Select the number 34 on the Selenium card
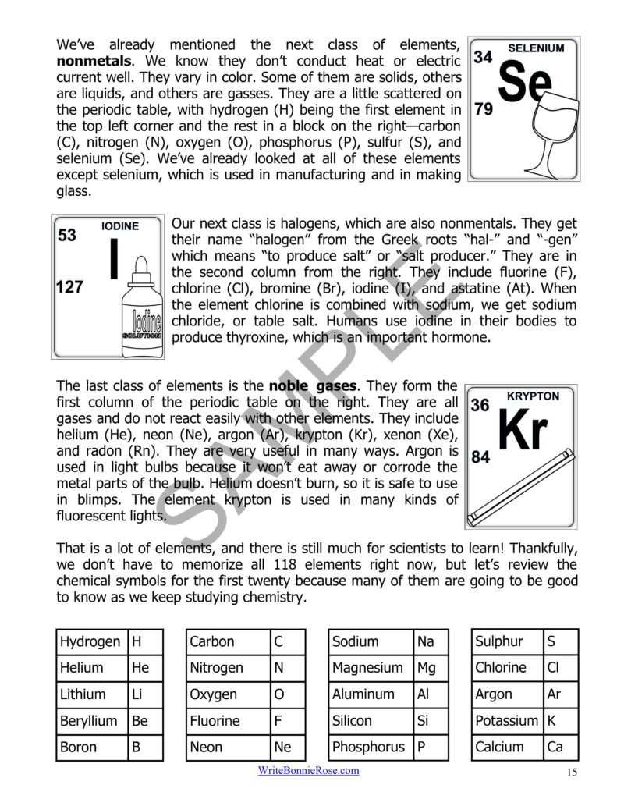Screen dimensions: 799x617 point(483,57)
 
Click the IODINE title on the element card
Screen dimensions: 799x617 point(120,226)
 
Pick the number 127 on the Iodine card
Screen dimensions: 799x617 point(69,287)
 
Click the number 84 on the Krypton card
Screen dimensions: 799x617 point(480,457)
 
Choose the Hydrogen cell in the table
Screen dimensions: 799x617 point(90,642)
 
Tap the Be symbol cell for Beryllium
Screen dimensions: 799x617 point(145,721)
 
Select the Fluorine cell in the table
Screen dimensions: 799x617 point(227,721)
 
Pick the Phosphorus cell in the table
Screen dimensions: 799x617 point(370,748)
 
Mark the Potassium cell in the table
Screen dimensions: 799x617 point(507,721)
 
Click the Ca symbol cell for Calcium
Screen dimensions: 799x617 point(560,748)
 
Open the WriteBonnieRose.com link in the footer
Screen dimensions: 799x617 point(309,771)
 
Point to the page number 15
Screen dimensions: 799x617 point(571,772)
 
